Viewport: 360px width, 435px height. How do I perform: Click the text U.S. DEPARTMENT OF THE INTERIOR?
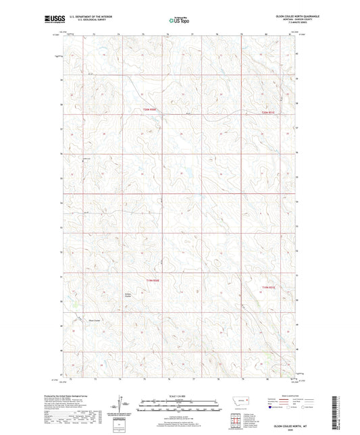click(x=87, y=17)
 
